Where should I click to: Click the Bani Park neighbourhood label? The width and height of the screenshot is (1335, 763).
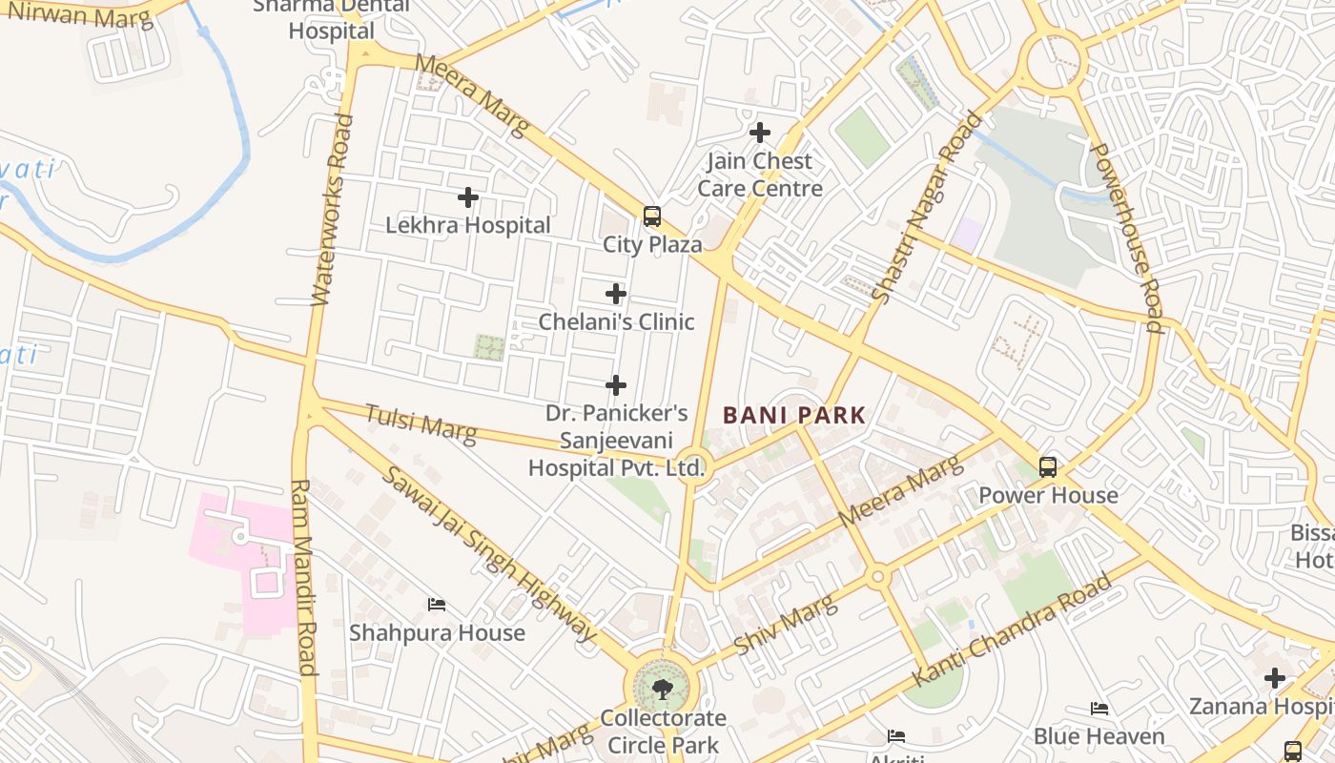point(793,415)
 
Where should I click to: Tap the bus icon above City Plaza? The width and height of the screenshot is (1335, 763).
point(652,217)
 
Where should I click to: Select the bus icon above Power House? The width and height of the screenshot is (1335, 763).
point(1048,467)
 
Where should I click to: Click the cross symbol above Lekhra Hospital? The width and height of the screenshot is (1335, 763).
point(468,197)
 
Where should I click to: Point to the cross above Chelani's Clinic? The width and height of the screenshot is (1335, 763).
point(616,294)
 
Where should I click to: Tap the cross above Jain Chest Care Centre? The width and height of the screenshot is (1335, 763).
point(760,133)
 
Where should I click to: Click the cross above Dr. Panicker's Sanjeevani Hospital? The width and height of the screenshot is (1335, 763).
point(616,385)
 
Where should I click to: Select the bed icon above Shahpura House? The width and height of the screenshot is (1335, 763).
point(437,605)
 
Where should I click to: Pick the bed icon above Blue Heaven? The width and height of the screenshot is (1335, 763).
point(1099,709)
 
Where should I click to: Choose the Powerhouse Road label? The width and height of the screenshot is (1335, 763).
point(1126,237)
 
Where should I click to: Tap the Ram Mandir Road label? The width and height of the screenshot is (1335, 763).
point(303,577)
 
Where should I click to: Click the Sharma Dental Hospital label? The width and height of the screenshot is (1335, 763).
point(332,19)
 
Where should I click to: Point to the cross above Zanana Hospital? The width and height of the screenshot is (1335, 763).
point(1275,678)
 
